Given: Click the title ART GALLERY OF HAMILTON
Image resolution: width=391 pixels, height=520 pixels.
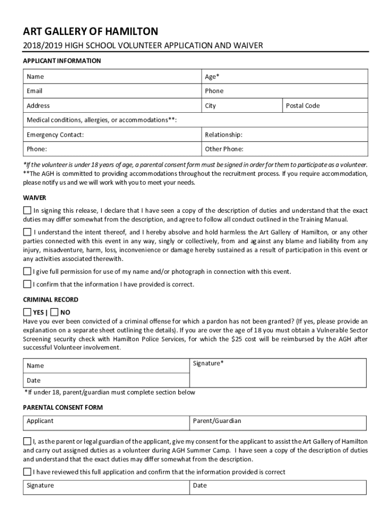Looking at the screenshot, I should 90,31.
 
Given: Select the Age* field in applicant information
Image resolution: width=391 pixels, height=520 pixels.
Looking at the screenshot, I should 284,77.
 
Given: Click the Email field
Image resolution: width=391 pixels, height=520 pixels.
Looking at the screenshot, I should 112,91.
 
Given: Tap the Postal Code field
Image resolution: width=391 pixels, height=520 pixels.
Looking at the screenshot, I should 324,106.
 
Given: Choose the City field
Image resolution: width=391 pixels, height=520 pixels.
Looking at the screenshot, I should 241,106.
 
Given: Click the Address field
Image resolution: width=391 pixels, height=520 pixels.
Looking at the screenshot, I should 112,106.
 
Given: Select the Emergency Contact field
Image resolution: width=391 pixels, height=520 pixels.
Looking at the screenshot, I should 112,135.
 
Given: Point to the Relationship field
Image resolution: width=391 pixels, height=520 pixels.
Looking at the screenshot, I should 284,135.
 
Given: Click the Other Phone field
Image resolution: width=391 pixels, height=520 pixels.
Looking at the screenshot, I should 284,149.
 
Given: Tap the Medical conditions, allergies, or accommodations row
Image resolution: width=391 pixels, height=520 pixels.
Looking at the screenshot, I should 195,120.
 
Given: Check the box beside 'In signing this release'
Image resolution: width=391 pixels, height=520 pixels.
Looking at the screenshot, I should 27,210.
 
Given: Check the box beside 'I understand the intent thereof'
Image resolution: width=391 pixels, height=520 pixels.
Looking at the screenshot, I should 27,232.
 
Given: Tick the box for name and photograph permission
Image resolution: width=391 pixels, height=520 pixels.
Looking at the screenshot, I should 27,271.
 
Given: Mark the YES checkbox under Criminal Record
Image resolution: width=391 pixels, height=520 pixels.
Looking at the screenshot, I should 27,312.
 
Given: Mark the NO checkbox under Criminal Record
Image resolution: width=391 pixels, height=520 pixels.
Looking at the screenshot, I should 55,312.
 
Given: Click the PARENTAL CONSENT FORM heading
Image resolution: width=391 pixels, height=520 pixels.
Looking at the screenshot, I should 63,407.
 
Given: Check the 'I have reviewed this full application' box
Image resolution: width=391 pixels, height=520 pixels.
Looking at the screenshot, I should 27,472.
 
